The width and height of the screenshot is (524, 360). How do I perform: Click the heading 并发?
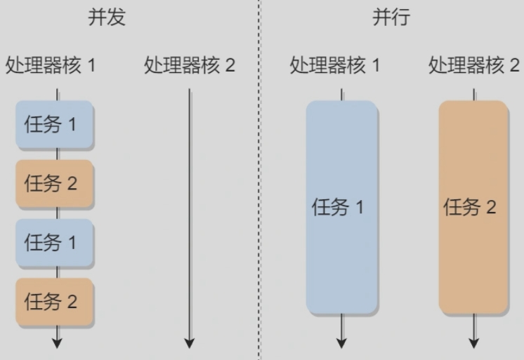coord(107,18)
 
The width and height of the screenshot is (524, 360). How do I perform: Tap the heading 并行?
coord(391,18)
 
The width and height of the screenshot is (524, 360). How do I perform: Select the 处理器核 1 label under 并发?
coord(51,66)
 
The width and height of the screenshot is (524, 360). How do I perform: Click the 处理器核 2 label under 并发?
coord(190,66)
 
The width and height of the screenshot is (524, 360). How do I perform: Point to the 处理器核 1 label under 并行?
coord(336,66)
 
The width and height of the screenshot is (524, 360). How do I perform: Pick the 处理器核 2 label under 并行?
coord(474,66)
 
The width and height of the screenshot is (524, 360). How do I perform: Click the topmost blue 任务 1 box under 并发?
coord(55,125)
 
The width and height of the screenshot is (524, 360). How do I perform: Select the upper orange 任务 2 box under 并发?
coord(55,184)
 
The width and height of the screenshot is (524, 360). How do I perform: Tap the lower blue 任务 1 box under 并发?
coord(55,243)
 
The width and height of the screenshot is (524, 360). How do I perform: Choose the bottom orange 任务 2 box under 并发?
coord(55,302)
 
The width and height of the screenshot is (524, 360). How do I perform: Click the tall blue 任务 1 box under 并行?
coord(341,207)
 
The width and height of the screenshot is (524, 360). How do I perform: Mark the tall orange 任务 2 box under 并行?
coord(473,207)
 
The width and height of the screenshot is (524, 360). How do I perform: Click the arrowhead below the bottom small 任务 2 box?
coord(57,343)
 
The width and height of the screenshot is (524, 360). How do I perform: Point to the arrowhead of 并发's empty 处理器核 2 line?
coord(189,343)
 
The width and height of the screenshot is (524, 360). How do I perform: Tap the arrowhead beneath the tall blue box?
coord(341,343)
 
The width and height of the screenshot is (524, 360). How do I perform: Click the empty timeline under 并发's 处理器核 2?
coord(189,211)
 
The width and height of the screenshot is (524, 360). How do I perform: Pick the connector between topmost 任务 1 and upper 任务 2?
coord(57,154)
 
